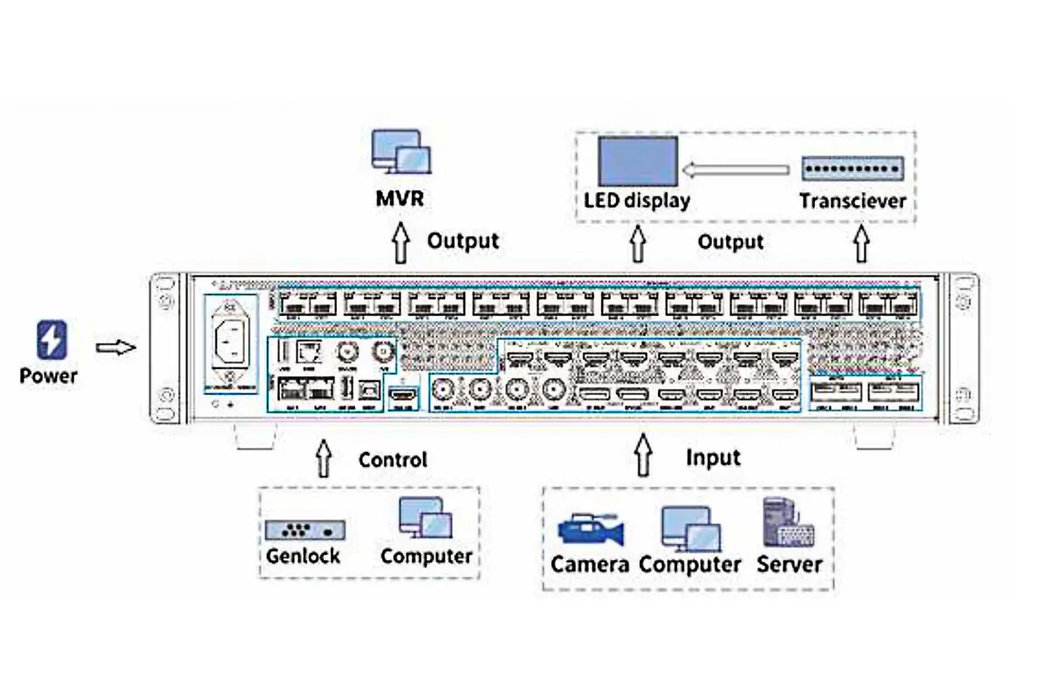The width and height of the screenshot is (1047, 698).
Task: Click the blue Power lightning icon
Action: pyautogui.click(x=51, y=340)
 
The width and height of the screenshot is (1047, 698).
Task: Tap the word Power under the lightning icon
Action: pyautogui.click(x=48, y=377)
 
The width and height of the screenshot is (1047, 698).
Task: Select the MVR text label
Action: pyautogui.click(x=400, y=199)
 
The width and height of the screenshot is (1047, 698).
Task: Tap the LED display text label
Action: pyautogui.click(x=636, y=201)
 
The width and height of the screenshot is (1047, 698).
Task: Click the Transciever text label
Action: pyautogui.click(x=852, y=202)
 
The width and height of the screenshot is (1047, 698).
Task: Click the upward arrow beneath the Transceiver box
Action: pyautogui.click(x=862, y=245)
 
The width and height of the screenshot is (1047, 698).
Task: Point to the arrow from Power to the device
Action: pyautogui.click(x=115, y=348)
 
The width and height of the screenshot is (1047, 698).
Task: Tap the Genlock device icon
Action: pyautogui.click(x=305, y=530)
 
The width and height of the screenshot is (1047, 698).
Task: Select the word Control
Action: pyautogui.click(x=393, y=459)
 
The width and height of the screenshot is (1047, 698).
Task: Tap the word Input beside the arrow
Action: pyautogui.click(x=713, y=457)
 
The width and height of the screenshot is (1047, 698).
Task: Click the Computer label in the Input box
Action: pyautogui.click(x=690, y=565)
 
